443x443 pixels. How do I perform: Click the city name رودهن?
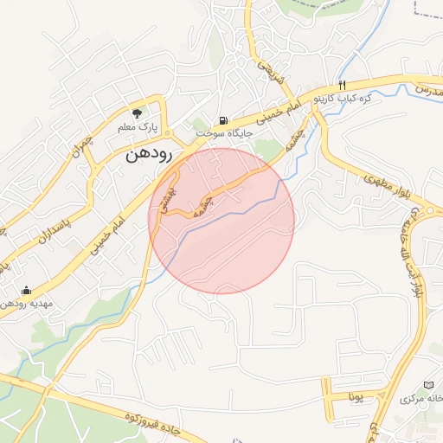150,153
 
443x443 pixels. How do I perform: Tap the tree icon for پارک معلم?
137,112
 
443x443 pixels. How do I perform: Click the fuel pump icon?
224,119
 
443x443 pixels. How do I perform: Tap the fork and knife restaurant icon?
343,85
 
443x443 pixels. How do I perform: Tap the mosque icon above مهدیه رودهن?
26,290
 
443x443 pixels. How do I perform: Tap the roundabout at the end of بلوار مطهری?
427,210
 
